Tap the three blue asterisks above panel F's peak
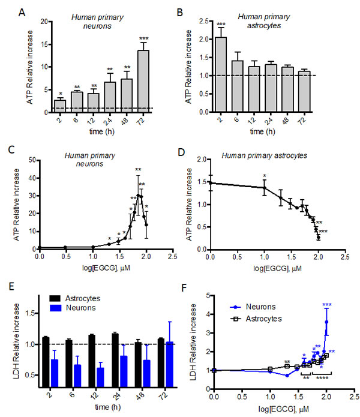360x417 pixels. (327, 305)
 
